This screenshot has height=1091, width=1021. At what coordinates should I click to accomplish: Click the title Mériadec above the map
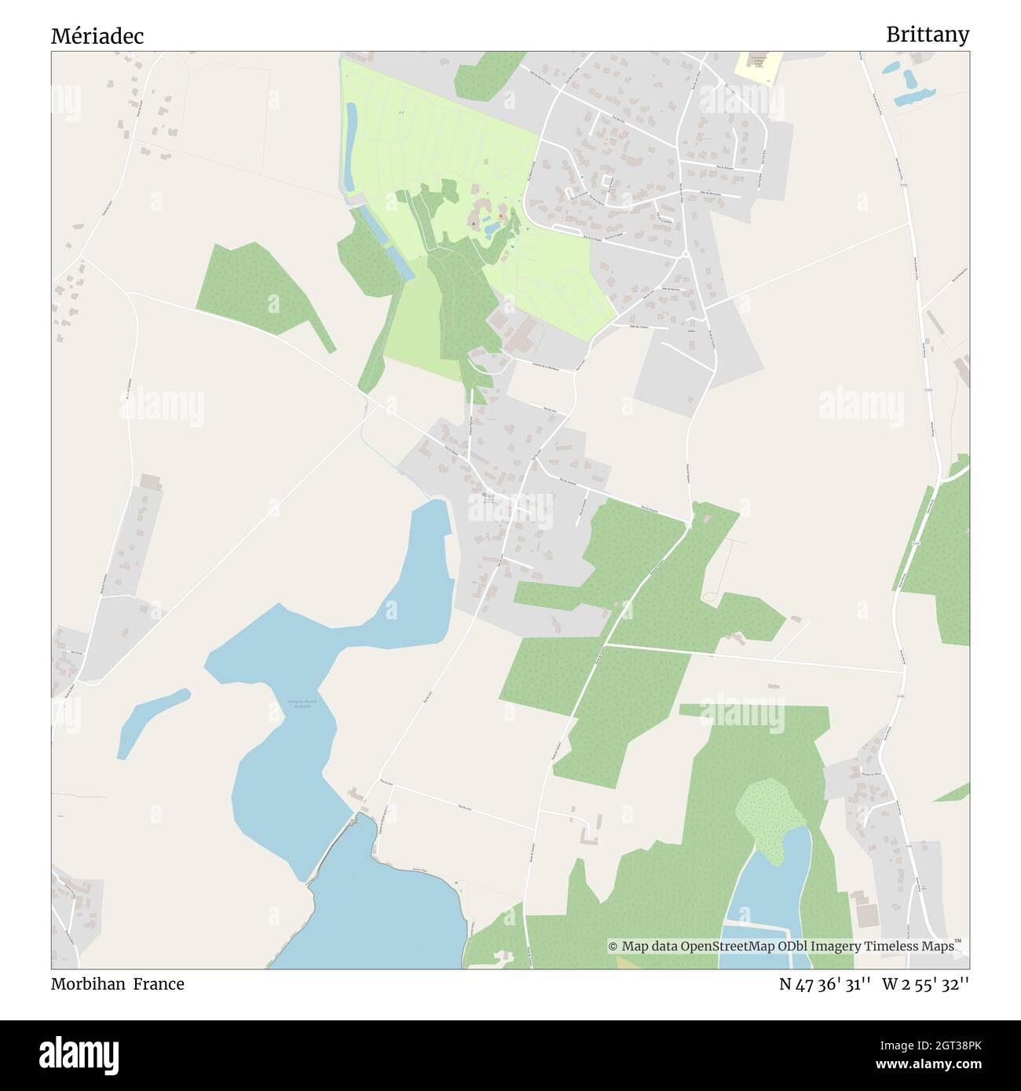coord(97,36)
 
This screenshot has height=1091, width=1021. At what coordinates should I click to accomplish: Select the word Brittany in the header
coord(928,35)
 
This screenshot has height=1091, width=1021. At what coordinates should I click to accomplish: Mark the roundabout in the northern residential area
coord(686,254)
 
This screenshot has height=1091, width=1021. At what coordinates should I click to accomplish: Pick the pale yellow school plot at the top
coord(759,65)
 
